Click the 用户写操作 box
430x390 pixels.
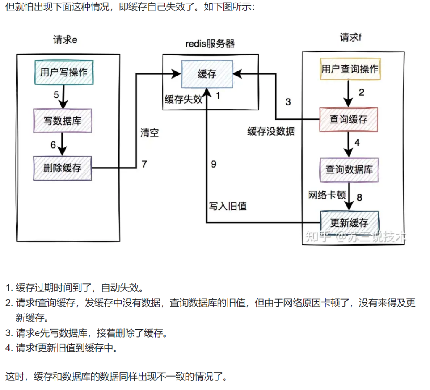[63, 72]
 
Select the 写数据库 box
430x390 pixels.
[62, 121]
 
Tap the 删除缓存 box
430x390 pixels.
[62, 168]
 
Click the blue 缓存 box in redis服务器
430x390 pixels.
[207, 74]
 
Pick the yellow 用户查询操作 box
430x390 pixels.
[349, 69]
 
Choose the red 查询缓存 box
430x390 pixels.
[349, 119]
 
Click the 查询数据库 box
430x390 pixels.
[349, 170]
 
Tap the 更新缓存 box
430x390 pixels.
[349, 222]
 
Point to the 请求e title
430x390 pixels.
[65, 40]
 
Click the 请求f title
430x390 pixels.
[351, 37]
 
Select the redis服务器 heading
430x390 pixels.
[210, 44]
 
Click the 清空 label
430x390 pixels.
[149, 133]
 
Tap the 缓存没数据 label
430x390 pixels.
[271, 131]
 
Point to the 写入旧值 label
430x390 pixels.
[228, 206]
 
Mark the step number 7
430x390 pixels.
[144, 164]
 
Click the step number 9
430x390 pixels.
[213, 164]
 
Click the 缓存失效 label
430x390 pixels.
[184, 99]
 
